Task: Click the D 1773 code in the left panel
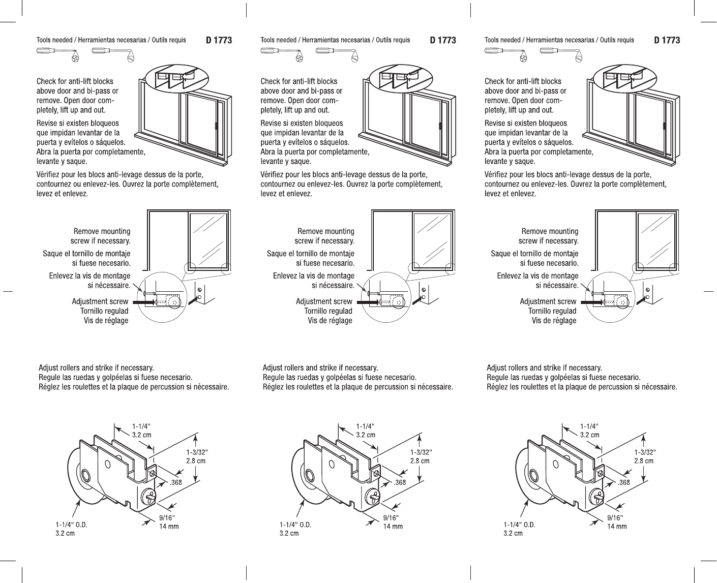[x=219, y=40]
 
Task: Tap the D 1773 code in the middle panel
[x=442, y=40]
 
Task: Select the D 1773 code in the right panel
[x=667, y=40]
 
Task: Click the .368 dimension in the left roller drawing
[x=175, y=482]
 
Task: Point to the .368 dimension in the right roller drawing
[x=623, y=482]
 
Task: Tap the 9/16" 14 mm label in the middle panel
[x=392, y=522]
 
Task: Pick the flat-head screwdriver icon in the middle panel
[x=335, y=52]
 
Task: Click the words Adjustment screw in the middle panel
[x=324, y=301]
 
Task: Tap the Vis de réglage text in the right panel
[x=554, y=321]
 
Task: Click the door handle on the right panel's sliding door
[x=664, y=126]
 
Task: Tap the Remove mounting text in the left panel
[x=102, y=231]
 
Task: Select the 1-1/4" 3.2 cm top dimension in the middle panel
[x=365, y=431]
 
